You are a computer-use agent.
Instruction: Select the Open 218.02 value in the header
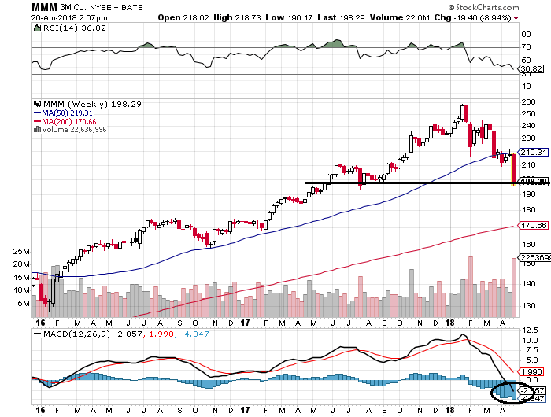(179, 17)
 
